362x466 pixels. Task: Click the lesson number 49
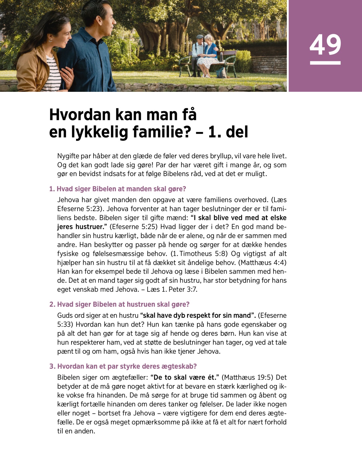325,45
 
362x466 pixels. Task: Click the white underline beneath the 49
325,63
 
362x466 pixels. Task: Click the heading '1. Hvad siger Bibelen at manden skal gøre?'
118,189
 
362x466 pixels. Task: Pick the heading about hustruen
119,304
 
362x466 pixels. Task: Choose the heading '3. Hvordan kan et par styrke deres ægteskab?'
123,366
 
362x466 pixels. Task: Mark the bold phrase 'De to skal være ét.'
185,378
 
